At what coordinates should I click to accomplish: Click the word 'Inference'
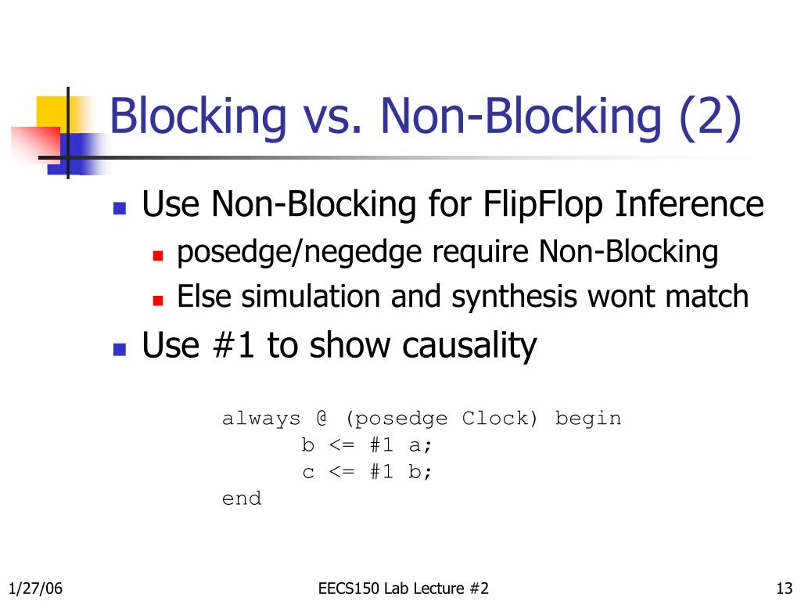tap(688, 205)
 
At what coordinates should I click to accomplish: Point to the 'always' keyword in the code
tap(261, 419)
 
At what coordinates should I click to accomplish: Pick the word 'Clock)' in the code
tap(501, 419)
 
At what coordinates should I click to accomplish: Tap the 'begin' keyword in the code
tap(588, 419)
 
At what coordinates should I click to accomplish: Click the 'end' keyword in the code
tap(242, 498)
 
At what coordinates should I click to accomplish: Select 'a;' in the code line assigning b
tap(421, 446)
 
